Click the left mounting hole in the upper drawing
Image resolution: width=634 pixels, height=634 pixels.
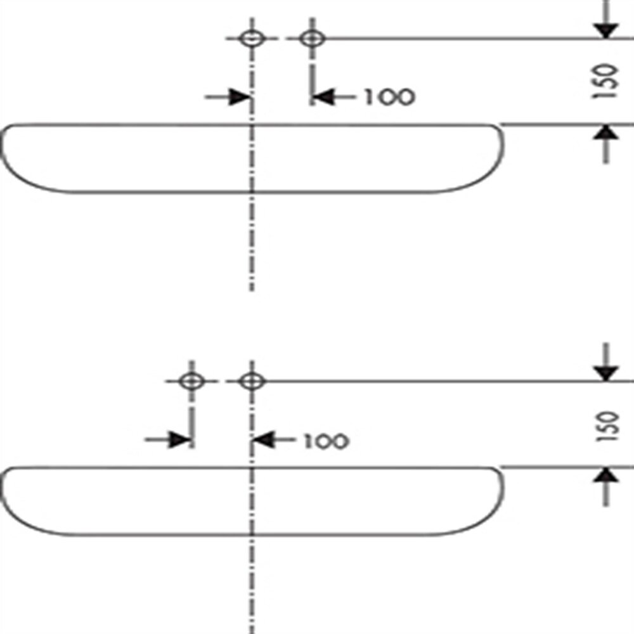[x=252, y=39]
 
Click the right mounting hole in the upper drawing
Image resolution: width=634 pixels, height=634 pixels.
[x=312, y=39]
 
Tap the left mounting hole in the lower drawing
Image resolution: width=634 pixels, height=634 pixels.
[x=191, y=381]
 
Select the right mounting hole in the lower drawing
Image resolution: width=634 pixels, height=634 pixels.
[x=252, y=381]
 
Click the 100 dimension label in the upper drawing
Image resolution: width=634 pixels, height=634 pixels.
[x=390, y=97]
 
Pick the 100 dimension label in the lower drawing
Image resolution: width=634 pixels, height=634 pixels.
[x=325, y=441]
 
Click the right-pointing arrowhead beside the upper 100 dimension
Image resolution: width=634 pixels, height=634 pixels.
[x=240, y=97]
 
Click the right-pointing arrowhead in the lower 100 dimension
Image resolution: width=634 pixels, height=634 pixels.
[x=179, y=440]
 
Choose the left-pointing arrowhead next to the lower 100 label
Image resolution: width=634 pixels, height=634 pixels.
[x=264, y=440]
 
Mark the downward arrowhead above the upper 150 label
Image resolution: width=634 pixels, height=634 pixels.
[x=605, y=30]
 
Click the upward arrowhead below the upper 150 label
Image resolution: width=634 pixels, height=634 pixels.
[x=605, y=133]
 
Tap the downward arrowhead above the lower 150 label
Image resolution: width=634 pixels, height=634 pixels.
[x=605, y=373]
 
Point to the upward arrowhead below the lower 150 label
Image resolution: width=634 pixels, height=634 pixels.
[x=605, y=475]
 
